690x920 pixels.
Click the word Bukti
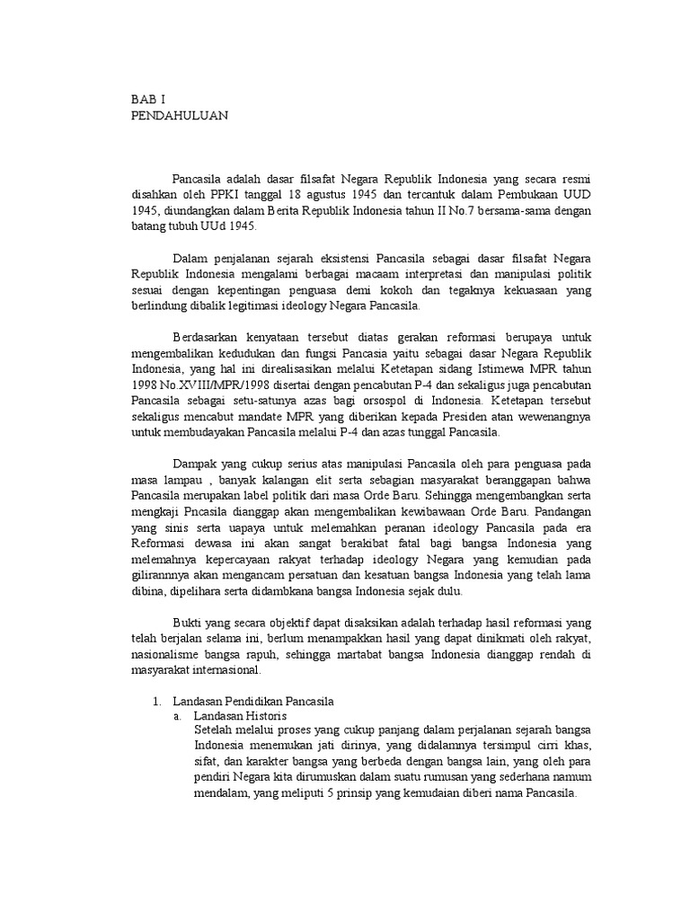point(188,622)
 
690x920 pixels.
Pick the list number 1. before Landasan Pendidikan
point(153,701)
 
